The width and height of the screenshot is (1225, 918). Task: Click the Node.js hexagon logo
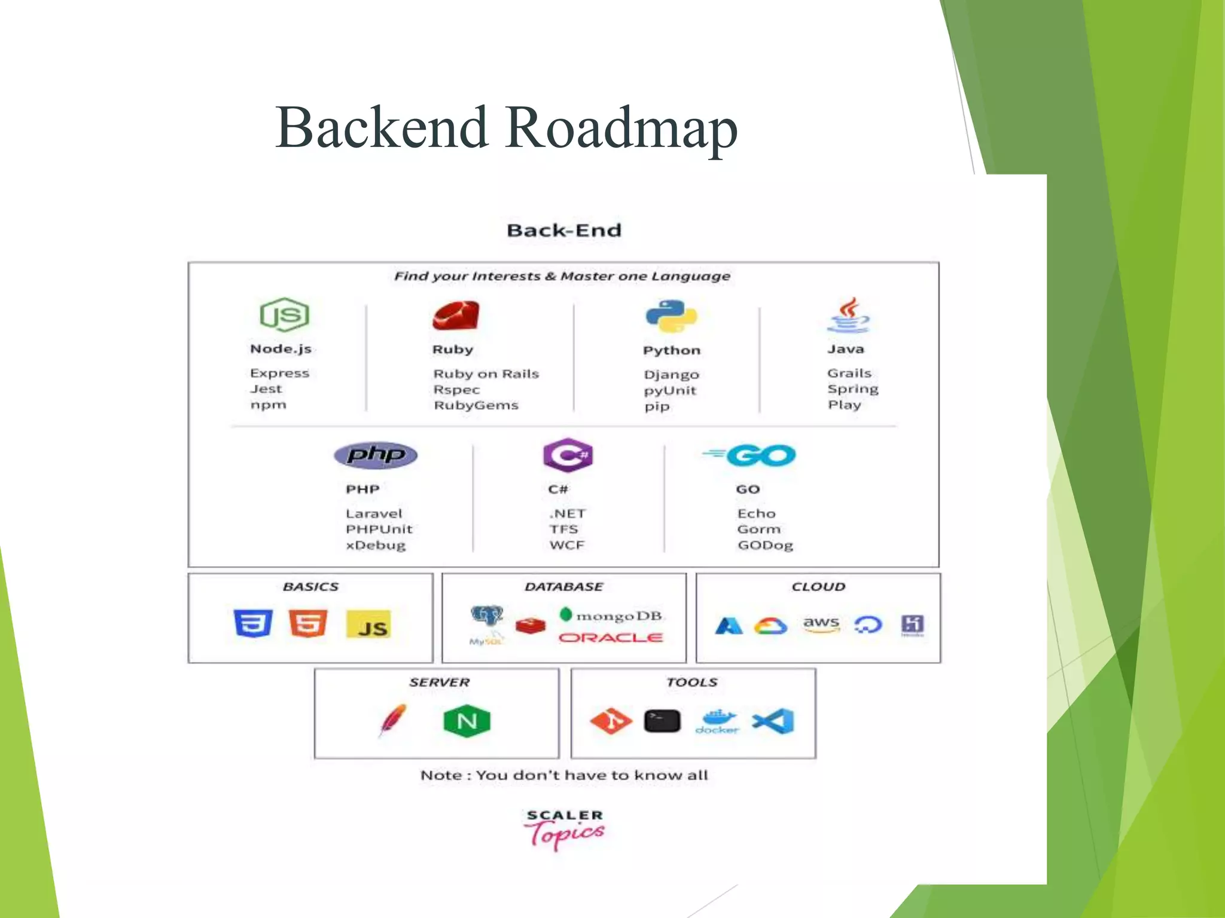coord(284,314)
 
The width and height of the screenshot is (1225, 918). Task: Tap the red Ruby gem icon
coord(456,316)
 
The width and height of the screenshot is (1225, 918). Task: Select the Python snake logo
coord(671,316)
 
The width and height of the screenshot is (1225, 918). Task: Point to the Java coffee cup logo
coord(848,316)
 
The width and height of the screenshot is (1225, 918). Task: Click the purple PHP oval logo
coord(376,455)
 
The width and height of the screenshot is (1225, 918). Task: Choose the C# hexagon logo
coord(567,455)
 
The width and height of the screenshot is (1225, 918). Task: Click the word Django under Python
coord(671,375)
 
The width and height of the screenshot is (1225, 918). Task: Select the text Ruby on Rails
coord(486,374)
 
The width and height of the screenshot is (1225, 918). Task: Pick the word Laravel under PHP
coord(374,513)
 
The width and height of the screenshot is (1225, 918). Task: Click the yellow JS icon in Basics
coord(368,625)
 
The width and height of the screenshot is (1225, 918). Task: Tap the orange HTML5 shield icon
coord(307,623)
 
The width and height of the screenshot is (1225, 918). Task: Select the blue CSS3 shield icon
coord(253,623)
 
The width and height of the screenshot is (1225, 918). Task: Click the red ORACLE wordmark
coord(610,638)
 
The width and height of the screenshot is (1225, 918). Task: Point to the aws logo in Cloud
coord(821,624)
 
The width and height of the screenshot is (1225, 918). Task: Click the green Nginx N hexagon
coord(467,721)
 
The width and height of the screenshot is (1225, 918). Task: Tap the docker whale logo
coord(717,720)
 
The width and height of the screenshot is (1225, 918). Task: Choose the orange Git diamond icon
coord(611,721)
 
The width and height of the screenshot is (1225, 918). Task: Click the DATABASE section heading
coord(563,587)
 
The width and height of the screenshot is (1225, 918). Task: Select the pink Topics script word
coord(565,834)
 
